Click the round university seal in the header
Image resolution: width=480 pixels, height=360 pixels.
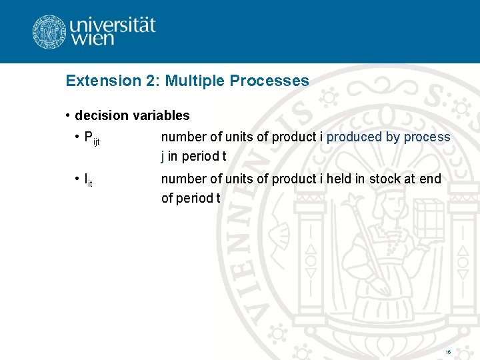click(x=49, y=32)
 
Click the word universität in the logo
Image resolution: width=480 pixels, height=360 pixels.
click(x=112, y=25)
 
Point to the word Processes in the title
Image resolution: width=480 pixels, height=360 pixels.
click(x=269, y=81)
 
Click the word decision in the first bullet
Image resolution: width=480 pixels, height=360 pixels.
click(x=102, y=115)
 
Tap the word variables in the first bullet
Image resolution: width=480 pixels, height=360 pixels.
click(x=161, y=115)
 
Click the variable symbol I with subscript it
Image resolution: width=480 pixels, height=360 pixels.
click(x=87, y=180)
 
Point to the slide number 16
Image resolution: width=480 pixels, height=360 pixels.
click(x=448, y=351)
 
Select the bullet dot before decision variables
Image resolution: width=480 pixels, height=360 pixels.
click(x=68, y=115)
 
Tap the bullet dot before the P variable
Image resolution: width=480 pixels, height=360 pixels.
click(x=77, y=137)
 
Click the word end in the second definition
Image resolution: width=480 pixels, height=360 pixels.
click(x=431, y=179)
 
